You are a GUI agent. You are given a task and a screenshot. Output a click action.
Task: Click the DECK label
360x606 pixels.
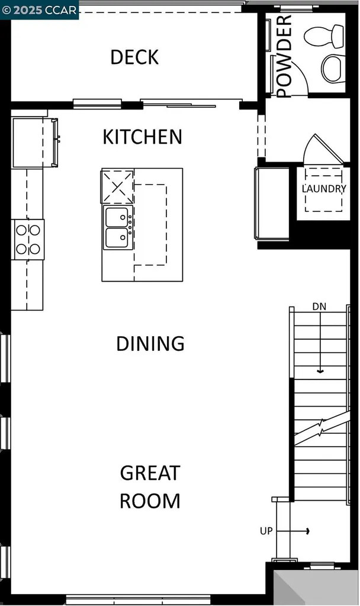[134, 57]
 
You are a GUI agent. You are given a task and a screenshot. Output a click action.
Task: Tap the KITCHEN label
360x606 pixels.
[142, 137]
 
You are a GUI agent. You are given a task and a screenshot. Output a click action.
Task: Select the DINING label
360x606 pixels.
[150, 343]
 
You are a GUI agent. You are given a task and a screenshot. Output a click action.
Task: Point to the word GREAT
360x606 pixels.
[150, 473]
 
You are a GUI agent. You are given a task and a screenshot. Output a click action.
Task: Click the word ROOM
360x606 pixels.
[150, 501]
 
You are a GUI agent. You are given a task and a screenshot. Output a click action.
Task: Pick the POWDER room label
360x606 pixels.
[285, 56]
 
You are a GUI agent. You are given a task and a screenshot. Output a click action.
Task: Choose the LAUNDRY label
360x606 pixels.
[323, 189]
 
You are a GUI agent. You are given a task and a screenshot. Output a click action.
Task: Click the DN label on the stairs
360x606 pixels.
[319, 307]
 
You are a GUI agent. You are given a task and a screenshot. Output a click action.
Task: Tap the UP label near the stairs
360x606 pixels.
[266, 531]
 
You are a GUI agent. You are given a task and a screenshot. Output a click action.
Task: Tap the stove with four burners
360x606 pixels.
[28, 239]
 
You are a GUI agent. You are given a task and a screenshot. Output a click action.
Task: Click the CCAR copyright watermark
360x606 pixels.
[39, 9]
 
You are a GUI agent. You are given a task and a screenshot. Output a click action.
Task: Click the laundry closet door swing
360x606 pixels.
[323, 150]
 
